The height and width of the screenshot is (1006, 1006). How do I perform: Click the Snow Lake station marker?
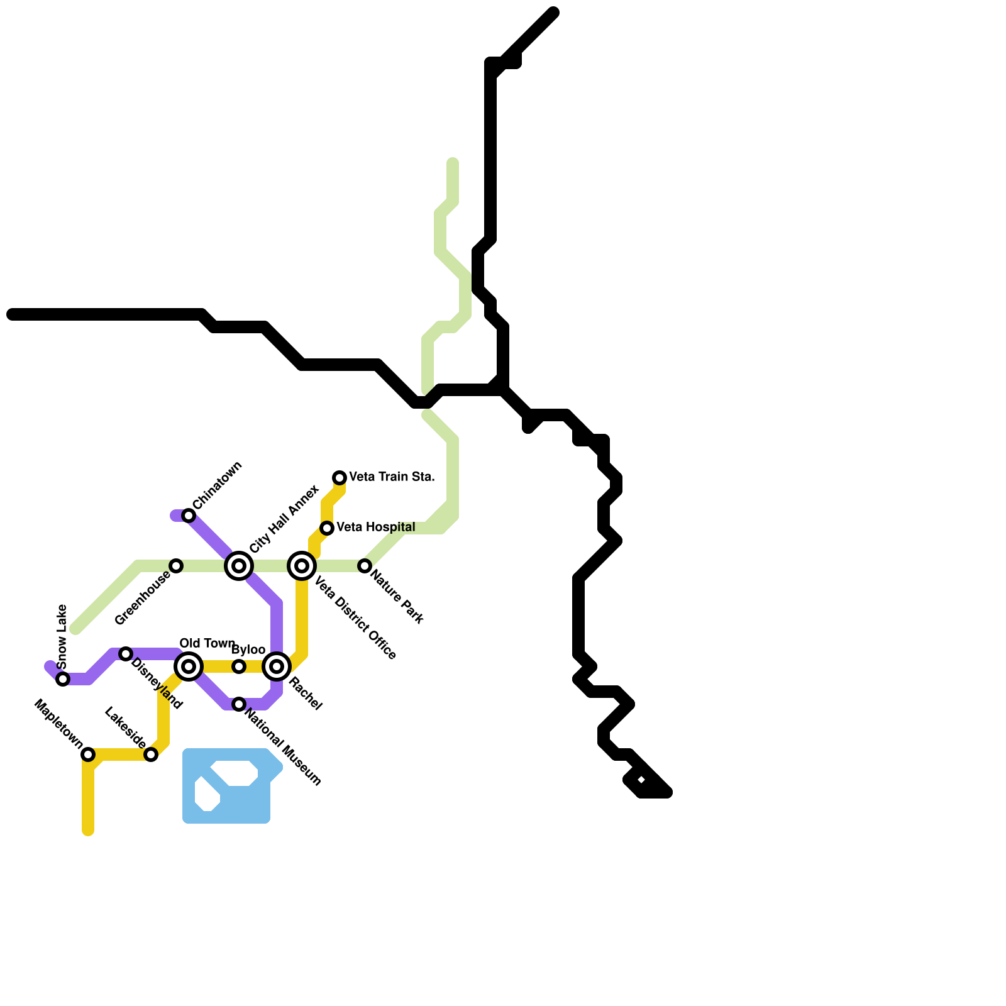click(63, 679)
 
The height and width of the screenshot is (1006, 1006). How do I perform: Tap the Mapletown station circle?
click(88, 754)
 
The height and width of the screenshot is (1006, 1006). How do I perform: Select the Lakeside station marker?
click(151, 754)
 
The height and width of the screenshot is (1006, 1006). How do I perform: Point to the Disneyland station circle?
click(126, 654)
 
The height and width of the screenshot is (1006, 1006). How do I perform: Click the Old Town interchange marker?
click(189, 666)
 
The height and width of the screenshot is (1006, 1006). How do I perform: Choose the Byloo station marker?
click(239, 666)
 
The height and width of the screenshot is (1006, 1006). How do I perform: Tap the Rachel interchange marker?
click(277, 666)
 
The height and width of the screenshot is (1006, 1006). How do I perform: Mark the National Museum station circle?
click(239, 704)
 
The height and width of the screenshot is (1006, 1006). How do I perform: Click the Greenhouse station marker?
click(177, 566)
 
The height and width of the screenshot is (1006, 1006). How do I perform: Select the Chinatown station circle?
click(189, 516)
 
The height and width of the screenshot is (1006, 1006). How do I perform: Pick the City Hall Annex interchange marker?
click(239, 566)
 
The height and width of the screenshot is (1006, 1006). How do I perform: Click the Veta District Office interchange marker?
click(302, 566)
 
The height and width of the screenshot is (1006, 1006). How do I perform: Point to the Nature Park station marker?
click(365, 566)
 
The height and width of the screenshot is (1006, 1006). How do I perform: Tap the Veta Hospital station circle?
click(327, 528)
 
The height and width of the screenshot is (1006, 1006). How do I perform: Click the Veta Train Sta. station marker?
click(340, 478)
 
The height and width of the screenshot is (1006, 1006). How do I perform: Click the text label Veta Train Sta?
click(392, 477)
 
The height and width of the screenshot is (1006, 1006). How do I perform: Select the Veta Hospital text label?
click(375, 528)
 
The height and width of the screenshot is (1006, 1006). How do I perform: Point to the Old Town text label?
click(207, 643)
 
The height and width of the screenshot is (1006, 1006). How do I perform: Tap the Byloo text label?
click(248, 649)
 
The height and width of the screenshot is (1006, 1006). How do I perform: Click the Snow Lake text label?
click(62, 636)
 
